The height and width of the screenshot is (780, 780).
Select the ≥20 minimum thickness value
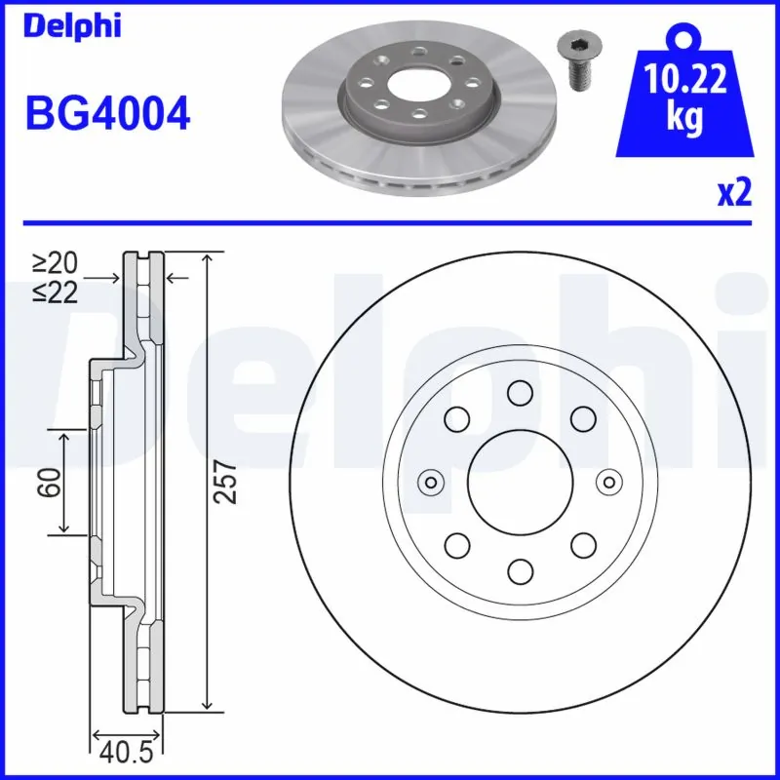click(55, 262)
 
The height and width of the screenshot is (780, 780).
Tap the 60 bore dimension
click(52, 482)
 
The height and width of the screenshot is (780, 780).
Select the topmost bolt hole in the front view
click(519, 392)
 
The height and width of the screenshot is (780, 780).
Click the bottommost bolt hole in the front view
click(519, 570)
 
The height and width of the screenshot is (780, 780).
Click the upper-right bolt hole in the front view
click(582, 418)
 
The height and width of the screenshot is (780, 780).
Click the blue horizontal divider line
click(390, 222)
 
